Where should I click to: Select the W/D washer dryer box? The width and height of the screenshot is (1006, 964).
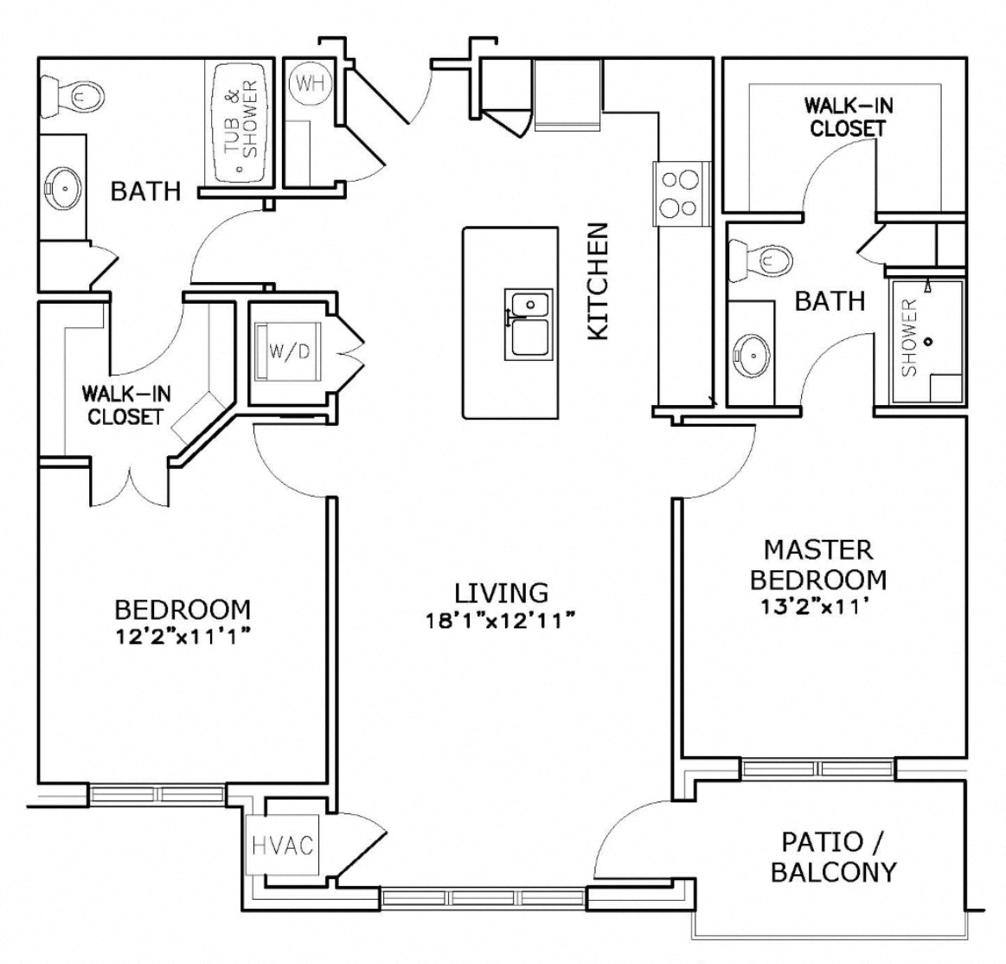point(288,351)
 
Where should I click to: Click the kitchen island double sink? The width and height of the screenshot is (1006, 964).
point(528,325)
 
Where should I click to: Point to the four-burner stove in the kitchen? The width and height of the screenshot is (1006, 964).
point(678,193)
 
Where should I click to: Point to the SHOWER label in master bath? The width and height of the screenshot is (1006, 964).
point(909,338)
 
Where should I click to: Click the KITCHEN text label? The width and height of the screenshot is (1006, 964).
point(599,281)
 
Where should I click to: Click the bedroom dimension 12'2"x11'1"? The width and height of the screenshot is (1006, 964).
point(183,638)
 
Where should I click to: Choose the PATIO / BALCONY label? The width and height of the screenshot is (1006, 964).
point(833,856)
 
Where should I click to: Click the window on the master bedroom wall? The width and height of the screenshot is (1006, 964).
point(817,768)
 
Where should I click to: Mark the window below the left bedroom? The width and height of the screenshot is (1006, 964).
point(157,794)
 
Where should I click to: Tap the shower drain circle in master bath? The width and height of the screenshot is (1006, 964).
point(929,341)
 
